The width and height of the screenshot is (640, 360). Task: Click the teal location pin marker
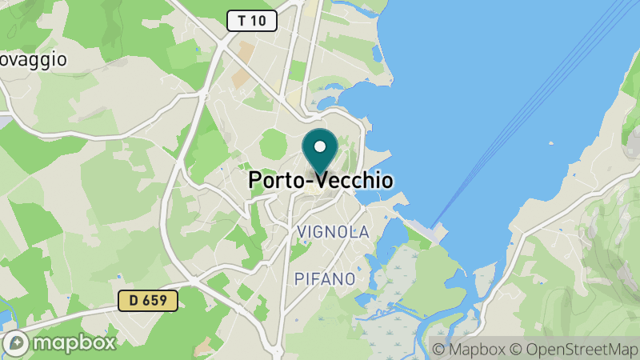pos(320,152)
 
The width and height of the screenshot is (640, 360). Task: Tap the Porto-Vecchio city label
pos(321,181)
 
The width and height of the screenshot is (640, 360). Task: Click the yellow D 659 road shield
pos(148,301)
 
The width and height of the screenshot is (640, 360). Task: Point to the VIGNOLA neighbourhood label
pos(333,232)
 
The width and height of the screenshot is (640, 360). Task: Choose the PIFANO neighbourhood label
pos(325,279)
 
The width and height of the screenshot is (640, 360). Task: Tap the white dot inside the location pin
pos(320,146)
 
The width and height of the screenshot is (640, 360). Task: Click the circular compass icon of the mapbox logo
pos(16,343)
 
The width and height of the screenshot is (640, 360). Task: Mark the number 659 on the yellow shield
pos(157,301)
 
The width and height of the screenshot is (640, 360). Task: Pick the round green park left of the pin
pos(274,144)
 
